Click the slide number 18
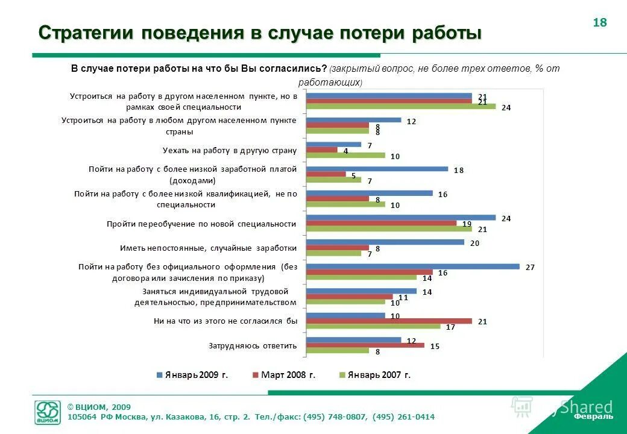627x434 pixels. point(600,23)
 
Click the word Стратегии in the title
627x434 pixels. point(87,33)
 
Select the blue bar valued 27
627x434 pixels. point(412,266)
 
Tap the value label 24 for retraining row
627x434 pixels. point(506,218)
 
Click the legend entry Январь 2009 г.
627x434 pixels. point(192,375)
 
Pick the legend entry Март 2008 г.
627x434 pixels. point(283,375)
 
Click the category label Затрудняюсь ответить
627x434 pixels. point(253,345)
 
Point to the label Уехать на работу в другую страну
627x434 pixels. point(230,150)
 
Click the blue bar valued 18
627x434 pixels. point(377,169)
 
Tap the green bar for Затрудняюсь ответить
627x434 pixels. point(338,350)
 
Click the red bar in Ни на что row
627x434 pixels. point(389,321)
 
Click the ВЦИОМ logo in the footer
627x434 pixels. point(48,413)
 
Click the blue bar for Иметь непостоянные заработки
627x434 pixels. point(385,242)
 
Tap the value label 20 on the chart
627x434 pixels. point(474,242)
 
